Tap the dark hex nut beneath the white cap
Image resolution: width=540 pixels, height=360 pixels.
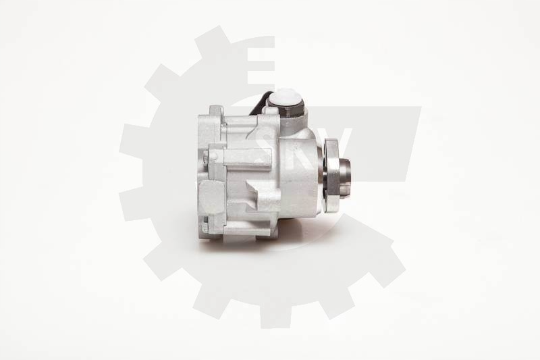(286, 122)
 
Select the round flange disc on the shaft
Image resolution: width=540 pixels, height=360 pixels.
(332, 174)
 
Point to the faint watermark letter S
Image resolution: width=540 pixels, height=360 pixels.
(267, 138)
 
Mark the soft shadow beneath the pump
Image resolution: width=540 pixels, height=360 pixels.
(270, 245)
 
